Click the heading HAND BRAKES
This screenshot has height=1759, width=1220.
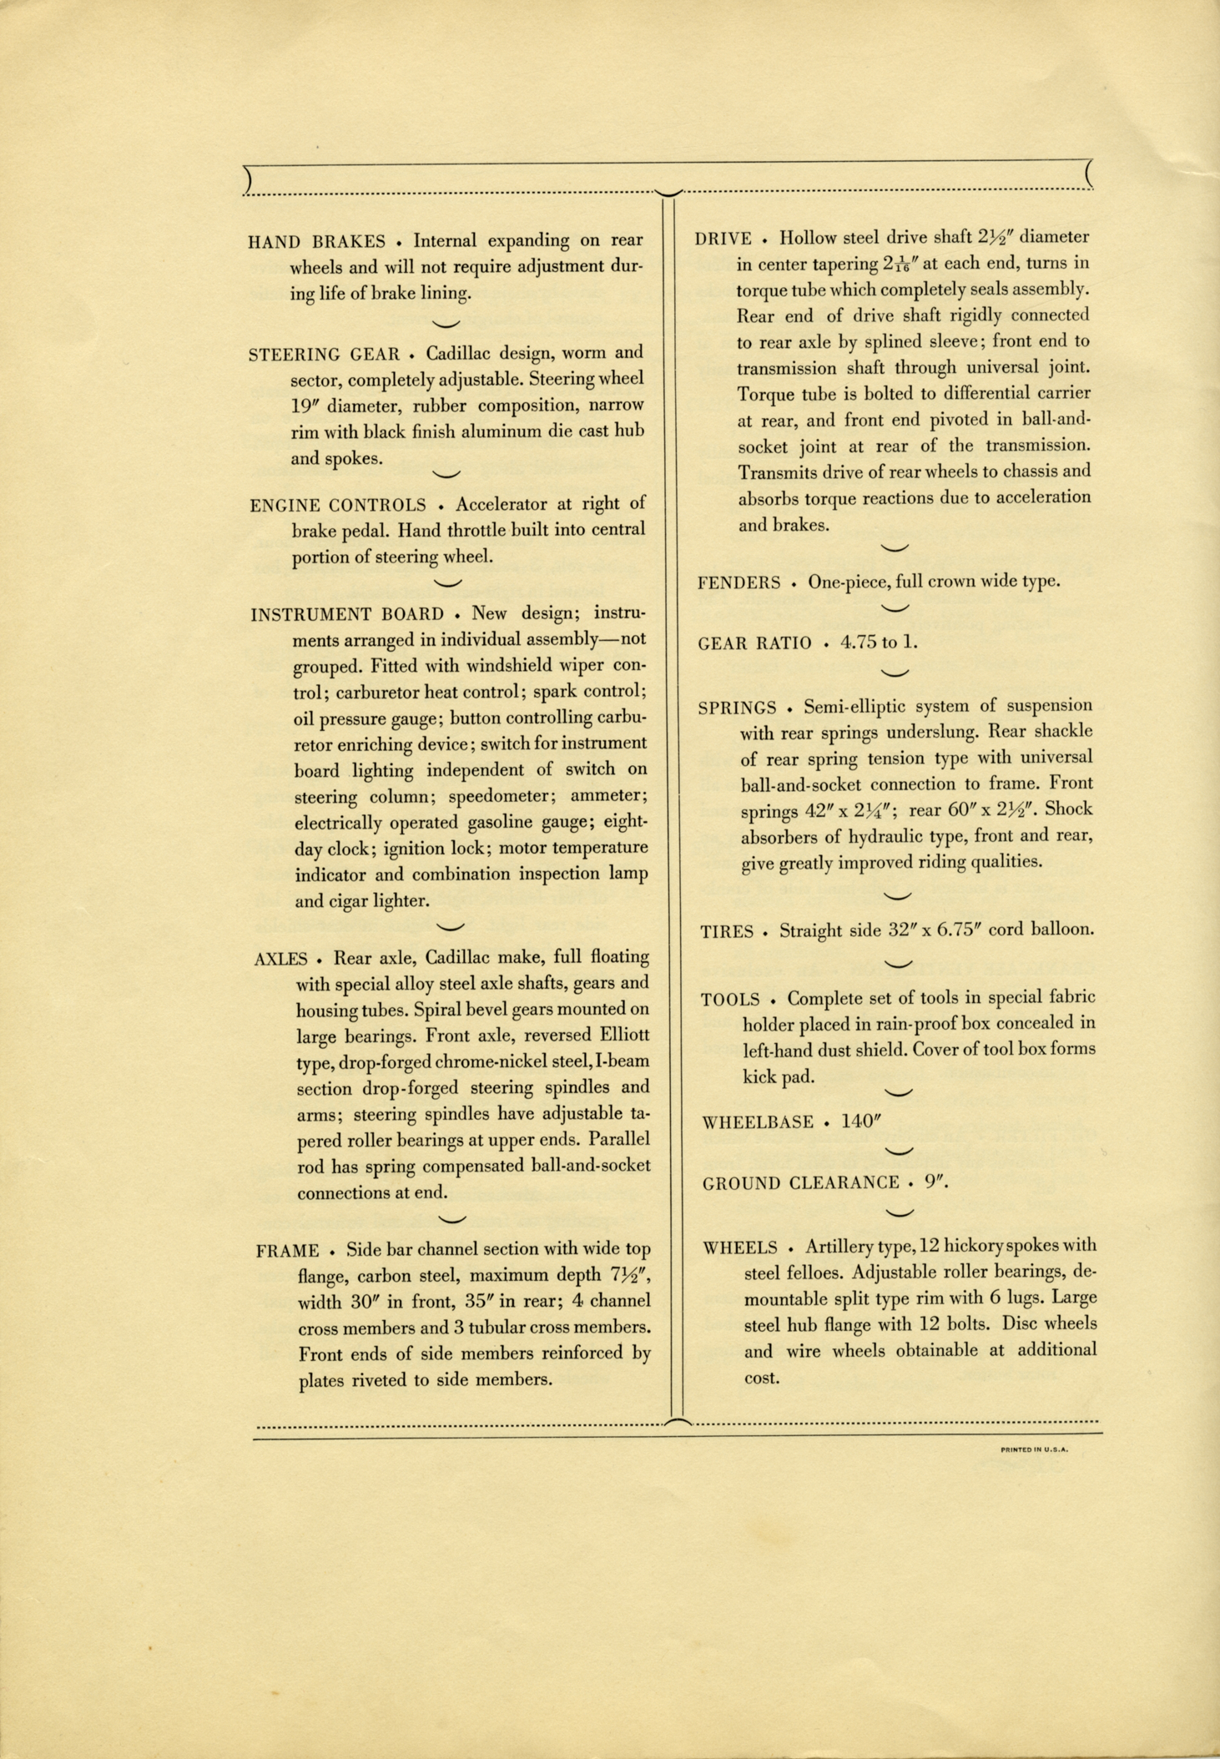click(316, 242)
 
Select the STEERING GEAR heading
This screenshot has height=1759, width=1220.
click(324, 354)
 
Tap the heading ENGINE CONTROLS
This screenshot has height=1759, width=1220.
click(337, 506)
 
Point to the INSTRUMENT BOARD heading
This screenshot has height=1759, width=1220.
click(346, 615)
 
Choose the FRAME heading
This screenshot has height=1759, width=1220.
click(287, 1251)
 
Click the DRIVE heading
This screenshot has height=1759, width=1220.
click(723, 239)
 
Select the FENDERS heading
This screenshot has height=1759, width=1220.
click(739, 583)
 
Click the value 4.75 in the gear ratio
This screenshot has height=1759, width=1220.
click(860, 643)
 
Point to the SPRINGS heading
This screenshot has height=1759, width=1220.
click(737, 708)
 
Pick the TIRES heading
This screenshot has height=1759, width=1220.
click(727, 932)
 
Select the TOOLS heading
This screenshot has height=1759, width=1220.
click(730, 1000)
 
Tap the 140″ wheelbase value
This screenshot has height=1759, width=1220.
click(860, 1121)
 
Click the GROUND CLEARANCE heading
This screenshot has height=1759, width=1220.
click(800, 1183)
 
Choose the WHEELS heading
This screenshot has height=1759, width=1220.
click(740, 1248)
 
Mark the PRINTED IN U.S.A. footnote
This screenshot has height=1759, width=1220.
click(1034, 1449)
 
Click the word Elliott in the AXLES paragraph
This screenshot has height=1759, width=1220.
click(619, 1036)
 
